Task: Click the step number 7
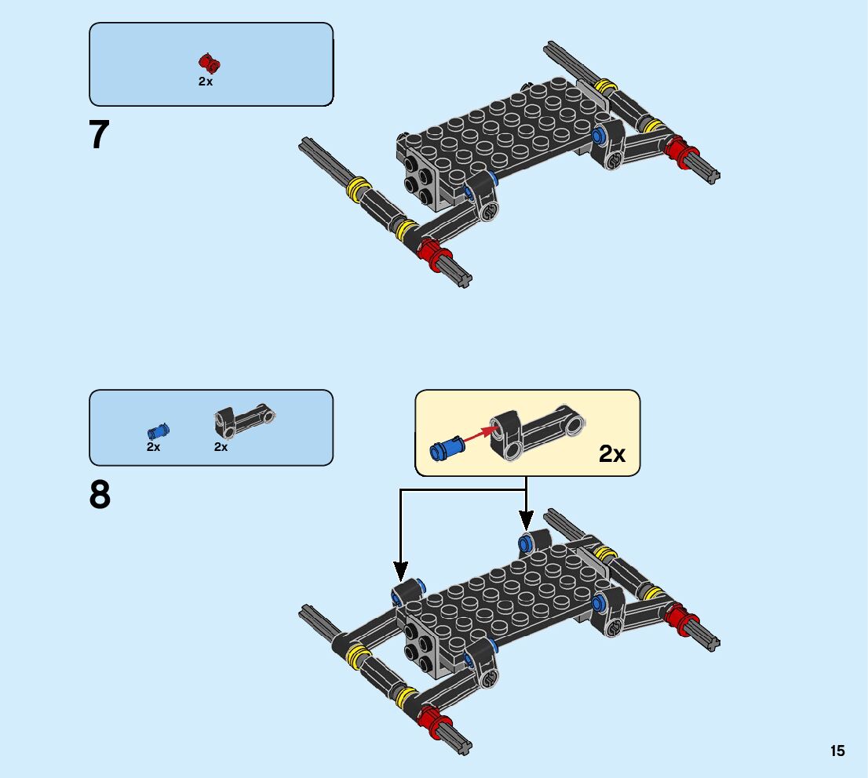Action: point(100,135)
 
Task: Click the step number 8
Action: point(100,496)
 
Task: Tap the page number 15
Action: point(837,751)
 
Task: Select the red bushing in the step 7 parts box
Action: point(209,64)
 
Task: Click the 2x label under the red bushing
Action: point(206,82)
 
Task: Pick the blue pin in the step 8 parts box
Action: point(158,431)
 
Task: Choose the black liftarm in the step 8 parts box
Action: point(244,420)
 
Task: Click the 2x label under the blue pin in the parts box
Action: point(153,447)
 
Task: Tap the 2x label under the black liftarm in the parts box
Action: point(221,447)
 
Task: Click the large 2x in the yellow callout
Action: point(612,453)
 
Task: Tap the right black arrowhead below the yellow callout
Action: point(526,520)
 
